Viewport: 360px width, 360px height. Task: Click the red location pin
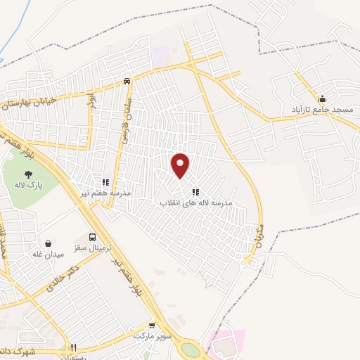(181, 165)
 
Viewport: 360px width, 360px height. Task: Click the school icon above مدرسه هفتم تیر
(105, 182)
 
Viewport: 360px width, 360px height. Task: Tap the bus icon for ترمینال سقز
(93, 237)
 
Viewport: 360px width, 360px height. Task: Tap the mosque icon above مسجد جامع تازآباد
(322, 98)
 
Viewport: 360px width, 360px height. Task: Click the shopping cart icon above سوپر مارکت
(152, 326)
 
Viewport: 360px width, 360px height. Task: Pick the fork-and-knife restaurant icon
(73, 347)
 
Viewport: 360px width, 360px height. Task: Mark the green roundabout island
(190, 349)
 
